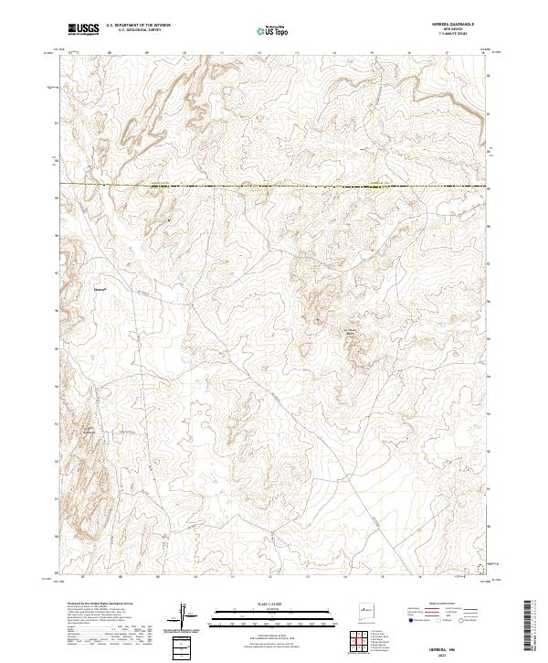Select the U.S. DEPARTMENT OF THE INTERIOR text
click(x=139, y=27)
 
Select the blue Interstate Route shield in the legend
click(x=411, y=620)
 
